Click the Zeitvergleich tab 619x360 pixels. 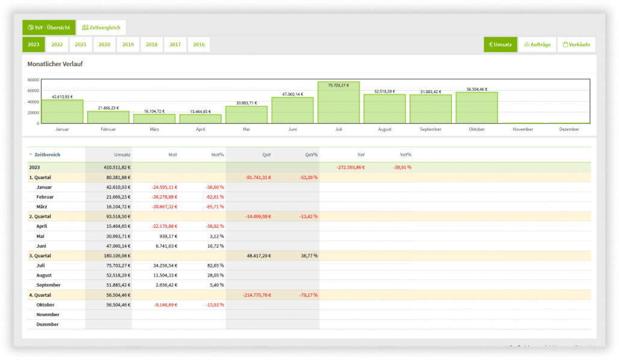101,28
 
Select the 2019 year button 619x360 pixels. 128,44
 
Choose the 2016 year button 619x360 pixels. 199,44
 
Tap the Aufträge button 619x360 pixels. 537,44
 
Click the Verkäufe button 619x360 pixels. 576,44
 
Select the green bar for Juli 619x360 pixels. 339,103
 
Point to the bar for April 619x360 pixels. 201,119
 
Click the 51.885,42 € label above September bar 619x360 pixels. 431,91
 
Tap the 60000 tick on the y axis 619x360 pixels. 33,91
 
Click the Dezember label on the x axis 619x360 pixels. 569,129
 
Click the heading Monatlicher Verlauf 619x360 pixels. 55,64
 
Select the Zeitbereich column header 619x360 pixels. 47,154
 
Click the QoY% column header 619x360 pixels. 311,154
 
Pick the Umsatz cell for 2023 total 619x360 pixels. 117,167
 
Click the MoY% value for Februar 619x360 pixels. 215,197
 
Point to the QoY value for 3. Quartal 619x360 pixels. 259,256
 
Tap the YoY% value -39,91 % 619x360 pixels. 402,167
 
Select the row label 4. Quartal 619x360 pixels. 40,295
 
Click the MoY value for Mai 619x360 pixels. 168,236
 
